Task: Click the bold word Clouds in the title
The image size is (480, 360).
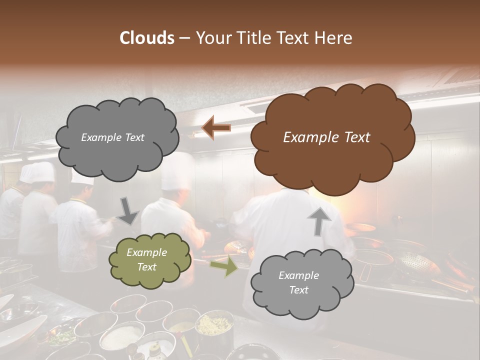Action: point(147,38)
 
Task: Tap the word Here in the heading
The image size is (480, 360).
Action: point(334,38)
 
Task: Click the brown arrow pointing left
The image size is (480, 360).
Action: point(216,128)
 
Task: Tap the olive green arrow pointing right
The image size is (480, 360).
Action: point(223,266)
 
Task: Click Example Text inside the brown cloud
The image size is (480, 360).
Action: point(326,137)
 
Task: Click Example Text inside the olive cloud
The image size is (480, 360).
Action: point(146,260)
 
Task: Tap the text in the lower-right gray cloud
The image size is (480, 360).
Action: point(298,282)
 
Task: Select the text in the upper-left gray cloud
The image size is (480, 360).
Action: point(112,137)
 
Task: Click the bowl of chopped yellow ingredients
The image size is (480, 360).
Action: point(214,325)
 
